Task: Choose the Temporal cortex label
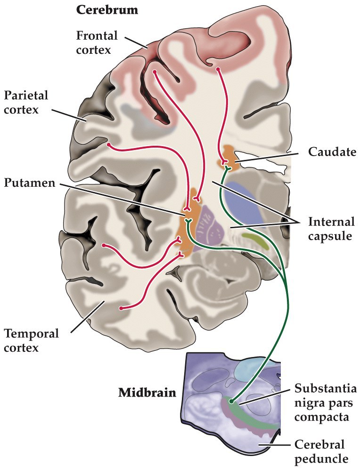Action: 32,340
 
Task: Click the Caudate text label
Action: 329,152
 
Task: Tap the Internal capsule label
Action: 330,228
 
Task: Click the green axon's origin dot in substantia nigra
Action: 231,401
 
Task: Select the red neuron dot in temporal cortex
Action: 121,308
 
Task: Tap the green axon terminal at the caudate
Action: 227,168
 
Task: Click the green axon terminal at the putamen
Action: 188,221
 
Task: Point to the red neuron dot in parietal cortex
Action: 109,145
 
